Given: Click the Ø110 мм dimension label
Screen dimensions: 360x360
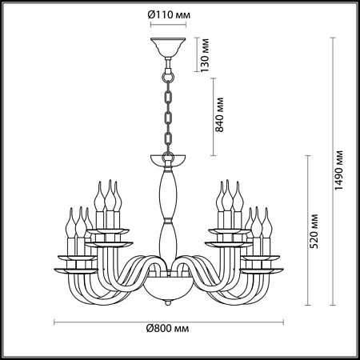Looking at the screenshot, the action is [169, 14].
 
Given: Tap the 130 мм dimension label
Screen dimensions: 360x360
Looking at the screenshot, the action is [205, 55].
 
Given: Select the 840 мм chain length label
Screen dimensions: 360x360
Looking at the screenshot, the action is [220, 115].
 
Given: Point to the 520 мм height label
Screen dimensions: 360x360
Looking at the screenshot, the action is [314, 231].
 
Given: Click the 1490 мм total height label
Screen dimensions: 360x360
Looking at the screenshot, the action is [338, 170].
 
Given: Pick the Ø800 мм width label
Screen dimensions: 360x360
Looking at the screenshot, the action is [167, 328].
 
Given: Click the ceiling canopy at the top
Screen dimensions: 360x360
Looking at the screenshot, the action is [168, 46].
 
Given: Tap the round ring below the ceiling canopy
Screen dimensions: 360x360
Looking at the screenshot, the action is [168, 78].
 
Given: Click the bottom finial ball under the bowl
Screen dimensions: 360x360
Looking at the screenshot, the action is [168, 302].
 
